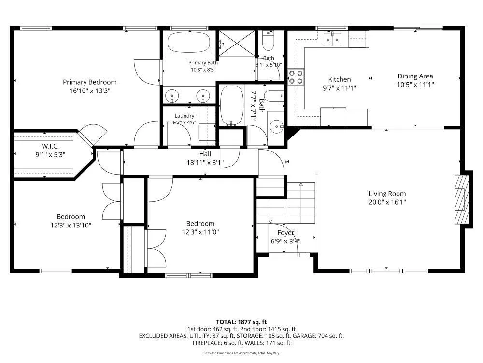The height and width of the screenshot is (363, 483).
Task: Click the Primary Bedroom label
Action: tap(90, 82)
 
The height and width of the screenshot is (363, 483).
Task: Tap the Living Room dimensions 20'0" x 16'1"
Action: tap(387, 202)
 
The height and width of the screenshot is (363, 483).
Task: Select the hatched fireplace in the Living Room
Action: tap(462, 199)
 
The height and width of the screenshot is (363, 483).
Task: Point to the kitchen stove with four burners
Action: tap(296, 77)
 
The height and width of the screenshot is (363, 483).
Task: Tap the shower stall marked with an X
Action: tap(237, 44)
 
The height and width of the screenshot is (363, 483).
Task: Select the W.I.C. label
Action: tap(50, 146)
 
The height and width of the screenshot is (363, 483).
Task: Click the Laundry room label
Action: tap(184, 116)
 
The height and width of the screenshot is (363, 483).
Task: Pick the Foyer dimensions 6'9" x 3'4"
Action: tap(285, 241)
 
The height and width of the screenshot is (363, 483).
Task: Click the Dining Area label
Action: tap(415, 76)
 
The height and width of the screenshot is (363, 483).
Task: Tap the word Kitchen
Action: tap(340, 79)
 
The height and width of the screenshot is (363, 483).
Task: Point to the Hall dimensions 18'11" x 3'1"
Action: tap(205, 162)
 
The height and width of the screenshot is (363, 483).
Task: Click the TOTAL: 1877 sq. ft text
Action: tap(241, 322)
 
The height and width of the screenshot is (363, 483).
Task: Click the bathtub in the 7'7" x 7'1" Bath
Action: tap(232, 105)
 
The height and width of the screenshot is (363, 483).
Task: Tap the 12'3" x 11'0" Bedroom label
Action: tap(200, 224)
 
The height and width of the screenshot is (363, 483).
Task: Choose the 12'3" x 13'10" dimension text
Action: tap(71, 226)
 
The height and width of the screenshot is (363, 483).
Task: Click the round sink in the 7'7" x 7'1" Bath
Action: tap(276, 126)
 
